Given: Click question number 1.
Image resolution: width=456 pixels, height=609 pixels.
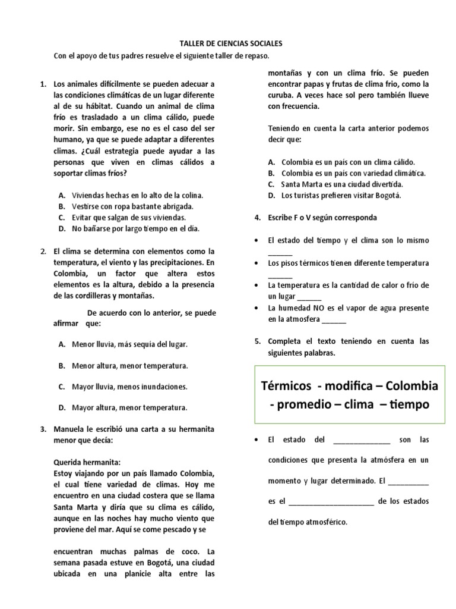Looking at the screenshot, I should [43, 84].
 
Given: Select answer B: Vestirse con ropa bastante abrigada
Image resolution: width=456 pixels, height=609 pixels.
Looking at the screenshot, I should [132, 206].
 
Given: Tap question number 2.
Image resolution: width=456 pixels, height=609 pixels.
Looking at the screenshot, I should [43, 251].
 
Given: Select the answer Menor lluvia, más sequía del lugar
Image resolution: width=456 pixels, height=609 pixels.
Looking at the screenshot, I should [129, 344].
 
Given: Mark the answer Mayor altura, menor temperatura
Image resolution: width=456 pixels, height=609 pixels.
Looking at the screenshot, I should [129, 407].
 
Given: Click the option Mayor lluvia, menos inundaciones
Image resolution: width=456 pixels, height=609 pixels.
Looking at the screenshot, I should [129, 387].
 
